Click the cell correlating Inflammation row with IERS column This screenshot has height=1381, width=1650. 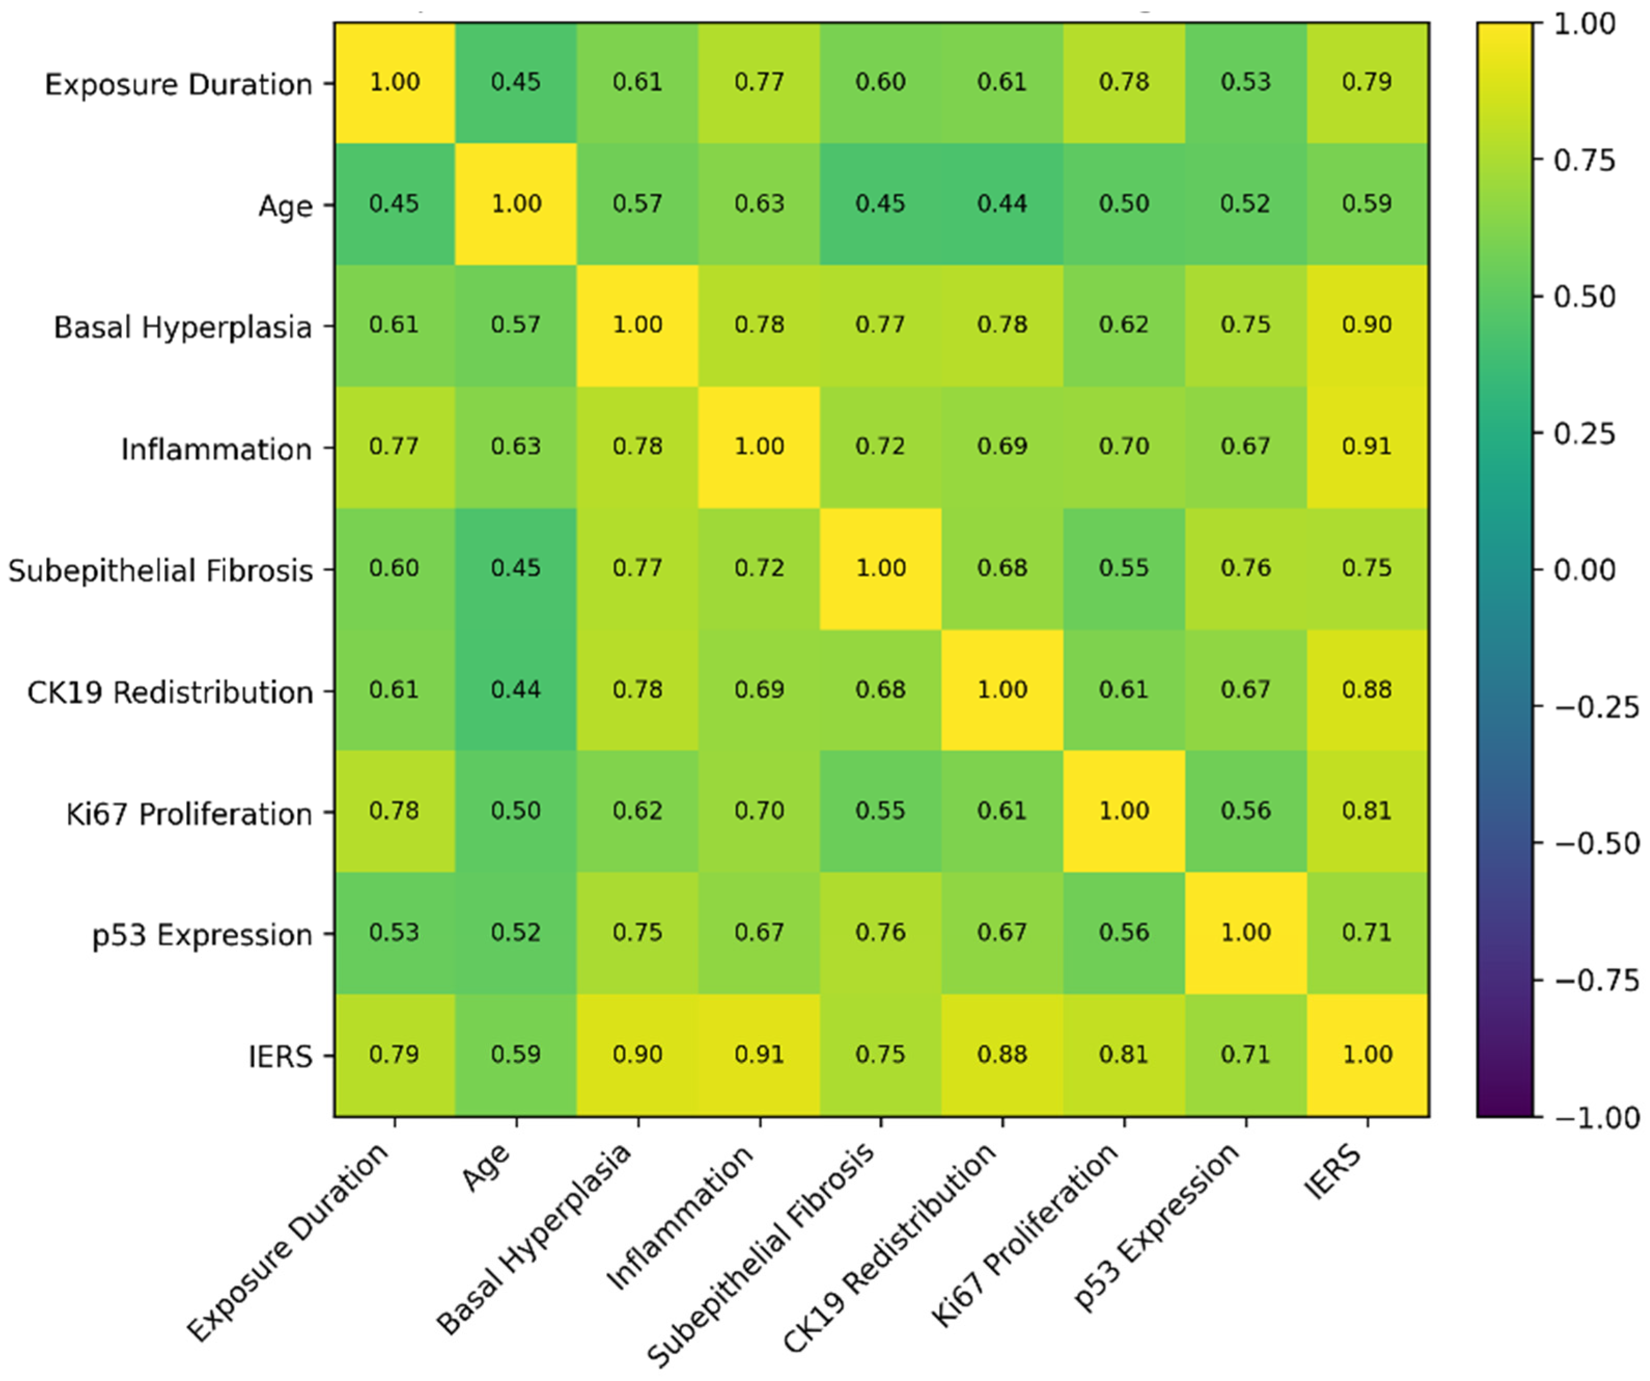point(1368,447)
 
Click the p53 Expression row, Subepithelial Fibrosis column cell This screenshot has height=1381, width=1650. point(881,933)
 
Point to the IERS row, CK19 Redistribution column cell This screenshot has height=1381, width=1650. point(1002,1055)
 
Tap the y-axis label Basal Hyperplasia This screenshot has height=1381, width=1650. point(183,327)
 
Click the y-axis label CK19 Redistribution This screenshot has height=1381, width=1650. point(170,692)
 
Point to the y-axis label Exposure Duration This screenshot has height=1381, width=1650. point(178,84)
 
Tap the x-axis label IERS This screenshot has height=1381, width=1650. point(1333,1171)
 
